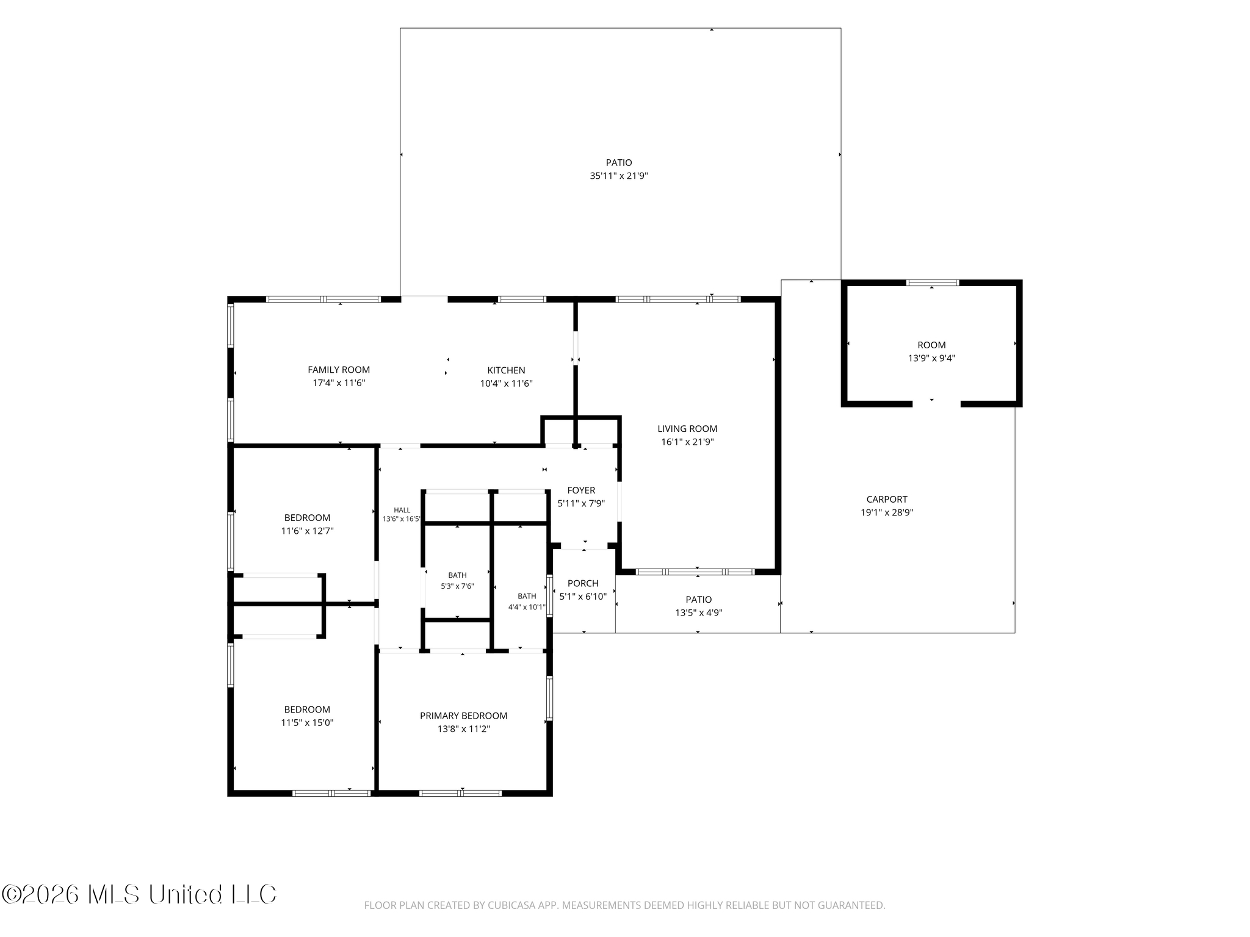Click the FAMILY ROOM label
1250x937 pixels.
(x=339, y=370)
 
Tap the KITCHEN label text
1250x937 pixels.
(x=506, y=370)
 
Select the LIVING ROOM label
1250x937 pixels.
(x=687, y=429)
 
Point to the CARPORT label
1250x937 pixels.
(x=887, y=500)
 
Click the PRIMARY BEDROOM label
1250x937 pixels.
(x=463, y=716)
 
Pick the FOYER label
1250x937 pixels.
(x=581, y=490)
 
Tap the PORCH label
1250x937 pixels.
(x=583, y=584)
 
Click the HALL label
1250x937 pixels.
(x=402, y=510)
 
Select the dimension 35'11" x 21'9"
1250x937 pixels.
(x=619, y=176)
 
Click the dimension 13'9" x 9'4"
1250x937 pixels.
(x=931, y=358)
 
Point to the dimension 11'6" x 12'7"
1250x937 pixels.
(x=307, y=531)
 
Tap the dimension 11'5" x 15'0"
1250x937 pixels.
(x=307, y=723)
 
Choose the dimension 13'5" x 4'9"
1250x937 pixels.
(x=698, y=613)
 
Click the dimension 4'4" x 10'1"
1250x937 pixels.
(x=527, y=607)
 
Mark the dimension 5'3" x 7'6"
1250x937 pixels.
(x=457, y=586)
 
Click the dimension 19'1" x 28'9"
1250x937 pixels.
(x=887, y=513)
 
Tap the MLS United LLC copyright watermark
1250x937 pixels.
(x=139, y=894)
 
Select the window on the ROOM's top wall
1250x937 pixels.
(x=932, y=282)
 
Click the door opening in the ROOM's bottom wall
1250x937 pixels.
(x=936, y=404)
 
